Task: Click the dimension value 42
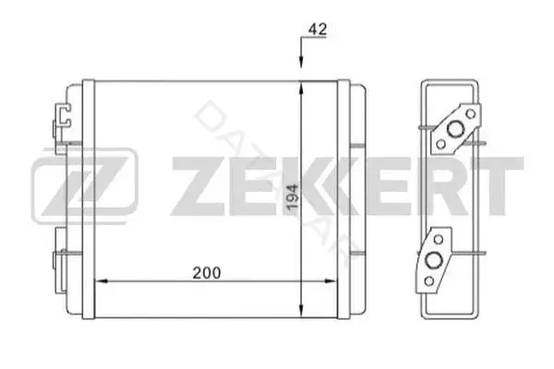pos(318,29)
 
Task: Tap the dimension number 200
pos(207,273)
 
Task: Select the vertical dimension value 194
pos(293,197)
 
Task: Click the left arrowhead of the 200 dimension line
pos(102,281)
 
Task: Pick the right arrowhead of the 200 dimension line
pos(330,281)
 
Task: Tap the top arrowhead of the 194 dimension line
pos(301,88)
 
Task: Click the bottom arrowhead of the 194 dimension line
pos(301,311)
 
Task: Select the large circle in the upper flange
pos(455,129)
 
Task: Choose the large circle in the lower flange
pos(433,260)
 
